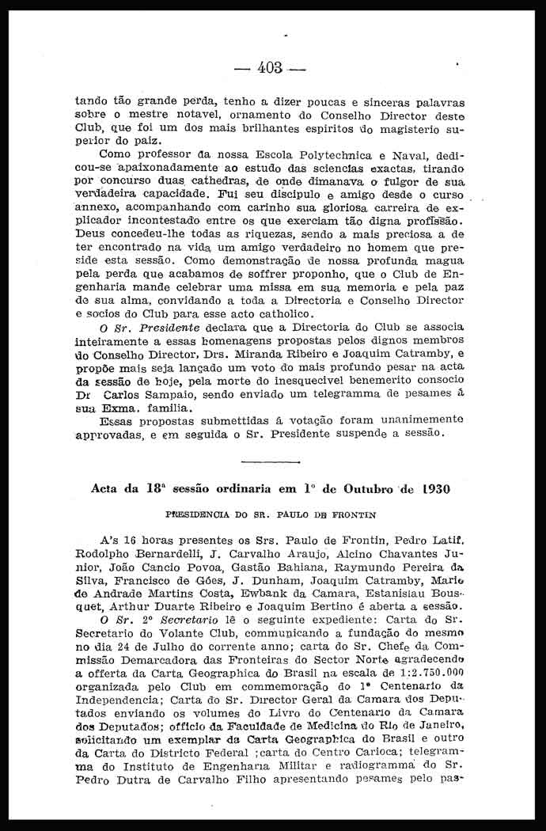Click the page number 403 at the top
click(270, 68)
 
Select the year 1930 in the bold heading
click(430, 489)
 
